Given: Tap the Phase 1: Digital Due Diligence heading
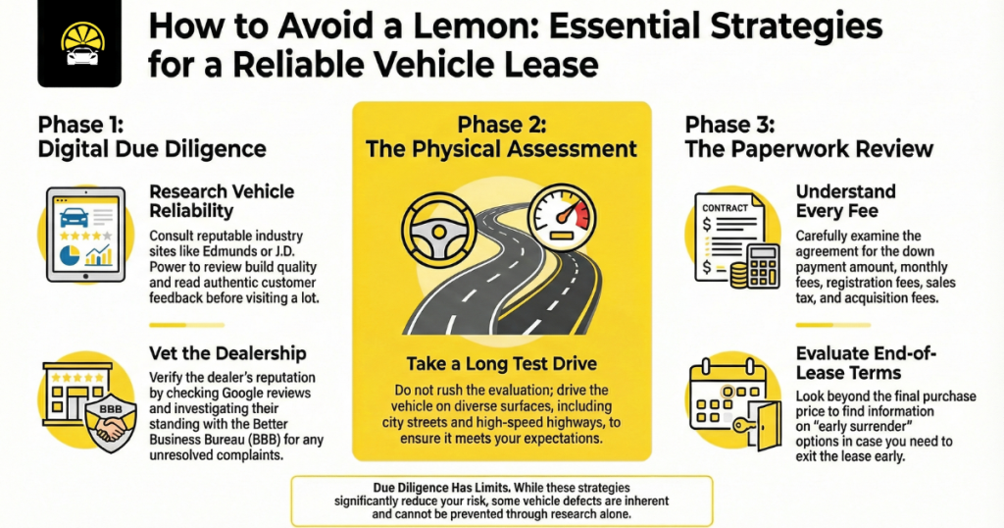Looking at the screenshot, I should [152, 137].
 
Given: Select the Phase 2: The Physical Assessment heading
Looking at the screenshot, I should [501, 137].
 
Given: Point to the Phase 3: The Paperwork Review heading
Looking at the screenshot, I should [808, 137].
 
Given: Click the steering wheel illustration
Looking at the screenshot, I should [435, 231].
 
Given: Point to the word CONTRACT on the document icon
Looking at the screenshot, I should [725, 208].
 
